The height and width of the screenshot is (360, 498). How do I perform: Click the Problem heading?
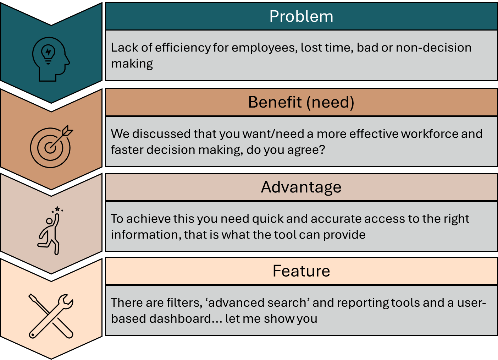click(301, 16)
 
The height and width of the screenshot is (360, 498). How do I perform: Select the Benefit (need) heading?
click(301, 102)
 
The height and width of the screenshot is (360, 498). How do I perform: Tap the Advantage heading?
click(301, 187)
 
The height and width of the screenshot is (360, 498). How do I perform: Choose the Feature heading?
click(301, 271)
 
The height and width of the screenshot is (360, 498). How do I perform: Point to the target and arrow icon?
click(51, 146)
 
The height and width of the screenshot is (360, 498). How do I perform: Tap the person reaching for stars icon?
click(51, 231)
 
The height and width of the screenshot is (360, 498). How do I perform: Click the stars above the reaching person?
click(57, 209)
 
